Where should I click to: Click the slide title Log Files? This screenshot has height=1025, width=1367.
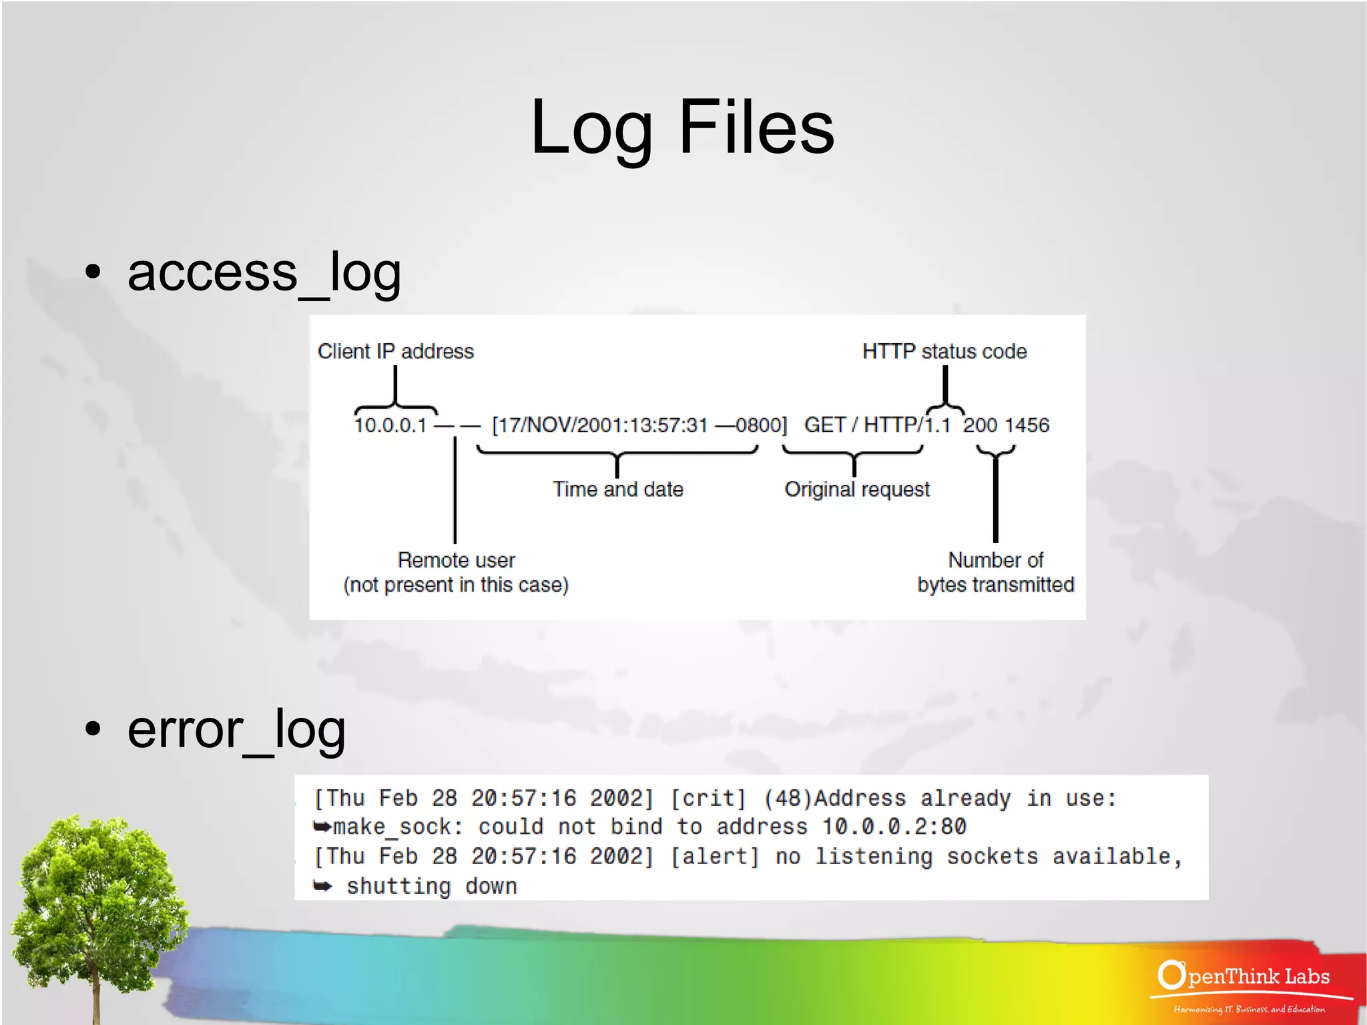682,127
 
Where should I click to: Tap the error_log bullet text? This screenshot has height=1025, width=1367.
236,729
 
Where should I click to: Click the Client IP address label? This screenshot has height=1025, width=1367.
395,351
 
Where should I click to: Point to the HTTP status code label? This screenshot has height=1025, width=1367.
944,351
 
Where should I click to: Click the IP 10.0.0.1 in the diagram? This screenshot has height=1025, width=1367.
390,425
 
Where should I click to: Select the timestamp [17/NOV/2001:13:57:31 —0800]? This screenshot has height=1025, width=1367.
639,425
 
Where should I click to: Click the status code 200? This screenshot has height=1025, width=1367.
980,425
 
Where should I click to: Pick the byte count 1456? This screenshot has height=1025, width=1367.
1028,425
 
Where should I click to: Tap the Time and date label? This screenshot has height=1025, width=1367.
617,489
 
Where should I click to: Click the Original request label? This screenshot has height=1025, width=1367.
856,489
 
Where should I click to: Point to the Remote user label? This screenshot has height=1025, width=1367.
456,560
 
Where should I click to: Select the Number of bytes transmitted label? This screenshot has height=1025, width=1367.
995,572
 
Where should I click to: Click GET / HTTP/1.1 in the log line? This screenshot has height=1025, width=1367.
876,425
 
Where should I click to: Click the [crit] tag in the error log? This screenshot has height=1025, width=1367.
708,798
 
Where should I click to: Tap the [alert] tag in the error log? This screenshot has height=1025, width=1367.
714,856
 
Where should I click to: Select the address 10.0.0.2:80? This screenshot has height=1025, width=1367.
894,827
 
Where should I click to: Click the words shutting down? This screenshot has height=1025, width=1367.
431,886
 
